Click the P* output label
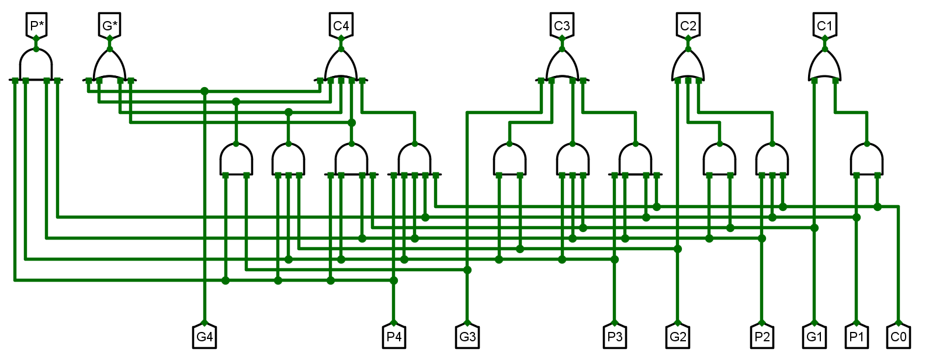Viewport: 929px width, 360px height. (36, 25)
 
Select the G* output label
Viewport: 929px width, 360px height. (109, 25)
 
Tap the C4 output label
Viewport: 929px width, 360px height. (341, 25)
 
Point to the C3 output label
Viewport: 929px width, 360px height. (561, 25)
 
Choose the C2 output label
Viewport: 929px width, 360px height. (688, 25)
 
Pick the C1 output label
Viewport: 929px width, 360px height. (824, 25)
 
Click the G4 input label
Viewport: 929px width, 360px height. (204, 337)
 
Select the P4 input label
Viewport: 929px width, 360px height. (394, 337)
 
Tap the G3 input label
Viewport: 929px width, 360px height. (467, 337)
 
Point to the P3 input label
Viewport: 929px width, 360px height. (615, 337)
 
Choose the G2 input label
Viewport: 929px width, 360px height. (678, 337)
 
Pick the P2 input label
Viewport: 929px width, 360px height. (762, 337)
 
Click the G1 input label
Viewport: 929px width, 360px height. (814, 337)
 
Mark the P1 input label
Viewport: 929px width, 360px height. (857, 337)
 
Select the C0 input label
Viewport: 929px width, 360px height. (899, 337)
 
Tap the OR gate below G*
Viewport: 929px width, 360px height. (109, 64)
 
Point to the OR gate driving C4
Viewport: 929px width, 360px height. (341, 64)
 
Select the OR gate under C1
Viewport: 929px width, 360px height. (824, 64)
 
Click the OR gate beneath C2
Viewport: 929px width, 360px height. (688, 64)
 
